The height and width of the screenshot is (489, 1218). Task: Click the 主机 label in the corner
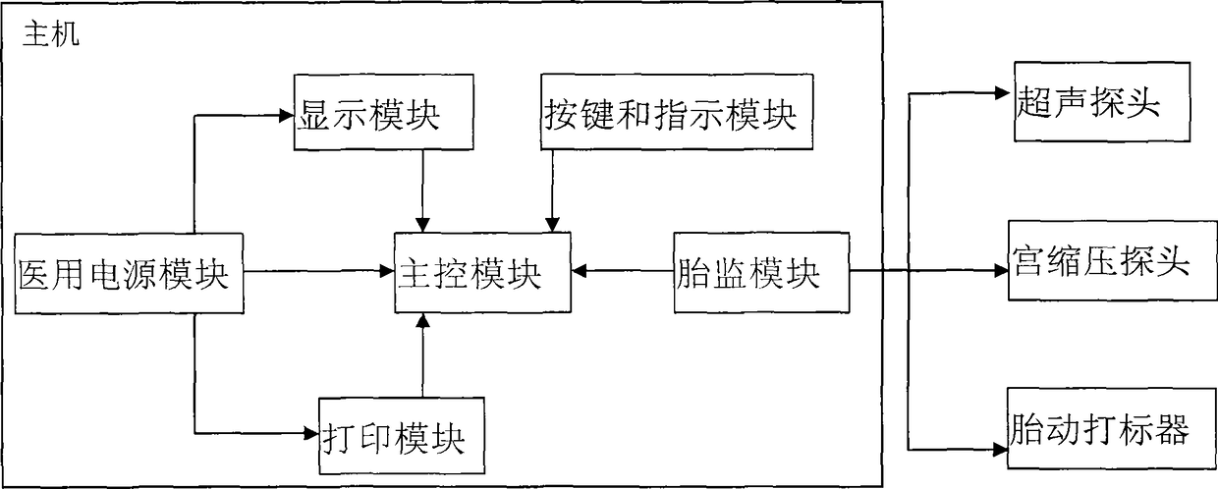tap(51, 34)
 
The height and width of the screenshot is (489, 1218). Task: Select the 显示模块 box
tap(384, 112)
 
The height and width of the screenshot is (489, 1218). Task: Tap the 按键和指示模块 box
tap(677, 112)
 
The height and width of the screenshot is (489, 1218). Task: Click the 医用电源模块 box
tap(129, 273)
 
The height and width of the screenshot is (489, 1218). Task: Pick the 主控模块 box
tap(483, 272)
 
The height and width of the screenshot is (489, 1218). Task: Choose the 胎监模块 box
tap(762, 272)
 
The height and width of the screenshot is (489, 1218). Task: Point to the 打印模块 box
tap(402, 436)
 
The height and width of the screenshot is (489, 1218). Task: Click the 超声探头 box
tap(1102, 101)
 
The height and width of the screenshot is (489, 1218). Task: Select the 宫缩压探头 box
tap(1113, 260)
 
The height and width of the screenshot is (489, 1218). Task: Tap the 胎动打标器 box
tap(1112, 428)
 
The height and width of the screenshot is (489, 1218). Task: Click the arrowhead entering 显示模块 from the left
tap(287, 115)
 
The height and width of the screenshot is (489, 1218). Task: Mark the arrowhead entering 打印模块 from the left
tap(311, 433)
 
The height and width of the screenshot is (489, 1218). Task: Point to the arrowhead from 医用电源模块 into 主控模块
tap(387, 271)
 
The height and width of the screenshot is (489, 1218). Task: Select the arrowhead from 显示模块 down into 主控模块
tap(422, 226)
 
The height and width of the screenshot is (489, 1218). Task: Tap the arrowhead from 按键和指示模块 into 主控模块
tap(552, 226)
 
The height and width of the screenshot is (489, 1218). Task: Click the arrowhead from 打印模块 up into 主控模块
tap(422, 320)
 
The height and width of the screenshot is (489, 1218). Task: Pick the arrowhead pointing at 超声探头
tap(1002, 93)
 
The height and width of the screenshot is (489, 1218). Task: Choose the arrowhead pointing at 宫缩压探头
tap(1002, 271)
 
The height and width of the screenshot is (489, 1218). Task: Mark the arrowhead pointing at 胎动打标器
tap(1001, 450)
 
